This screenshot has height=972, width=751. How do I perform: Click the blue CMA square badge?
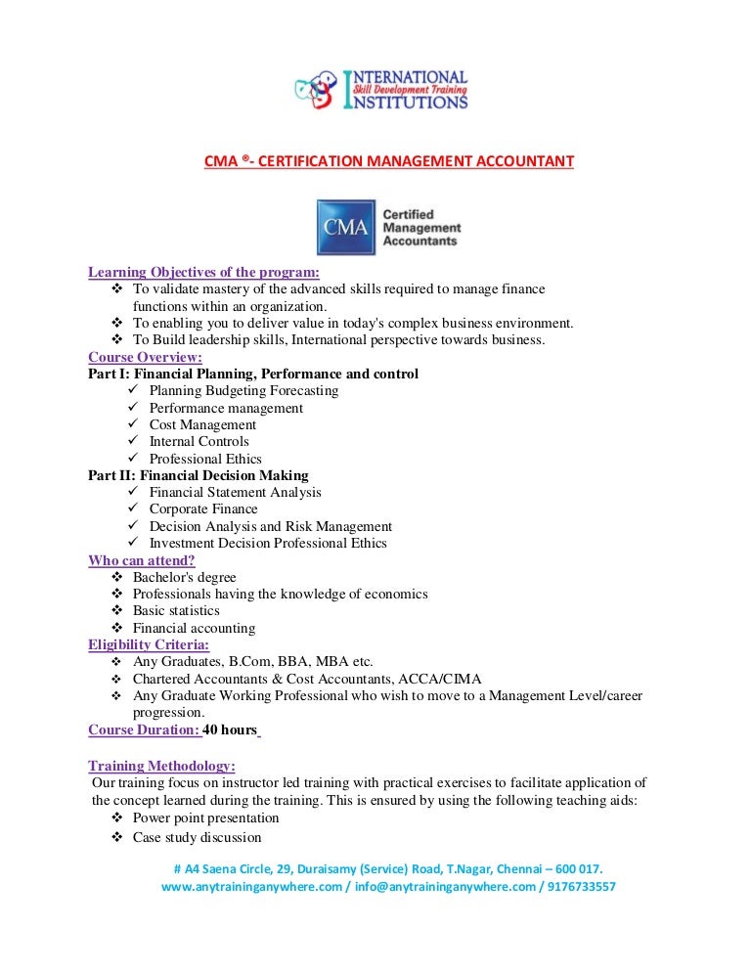(345, 228)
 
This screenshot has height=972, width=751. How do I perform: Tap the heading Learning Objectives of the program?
(203, 272)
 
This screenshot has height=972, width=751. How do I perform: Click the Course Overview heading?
(145, 357)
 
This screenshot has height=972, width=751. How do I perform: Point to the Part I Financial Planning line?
(253, 374)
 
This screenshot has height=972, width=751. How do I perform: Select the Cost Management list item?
(202, 424)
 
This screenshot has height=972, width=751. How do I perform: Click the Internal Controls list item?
(199, 441)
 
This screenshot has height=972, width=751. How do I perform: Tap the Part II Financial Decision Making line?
(199, 475)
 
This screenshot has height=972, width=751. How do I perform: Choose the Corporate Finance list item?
(203, 508)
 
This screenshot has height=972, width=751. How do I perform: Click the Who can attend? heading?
(142, 560)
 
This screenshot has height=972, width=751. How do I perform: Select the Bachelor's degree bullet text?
(184, 577)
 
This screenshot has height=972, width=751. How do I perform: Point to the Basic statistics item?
(176, 610)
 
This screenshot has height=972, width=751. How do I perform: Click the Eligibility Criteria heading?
(148, 644)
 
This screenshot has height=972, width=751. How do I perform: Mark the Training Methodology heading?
(161, 765)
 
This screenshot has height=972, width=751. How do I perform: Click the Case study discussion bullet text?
(197, 837)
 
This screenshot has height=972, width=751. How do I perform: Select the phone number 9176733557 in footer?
(581, 887)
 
